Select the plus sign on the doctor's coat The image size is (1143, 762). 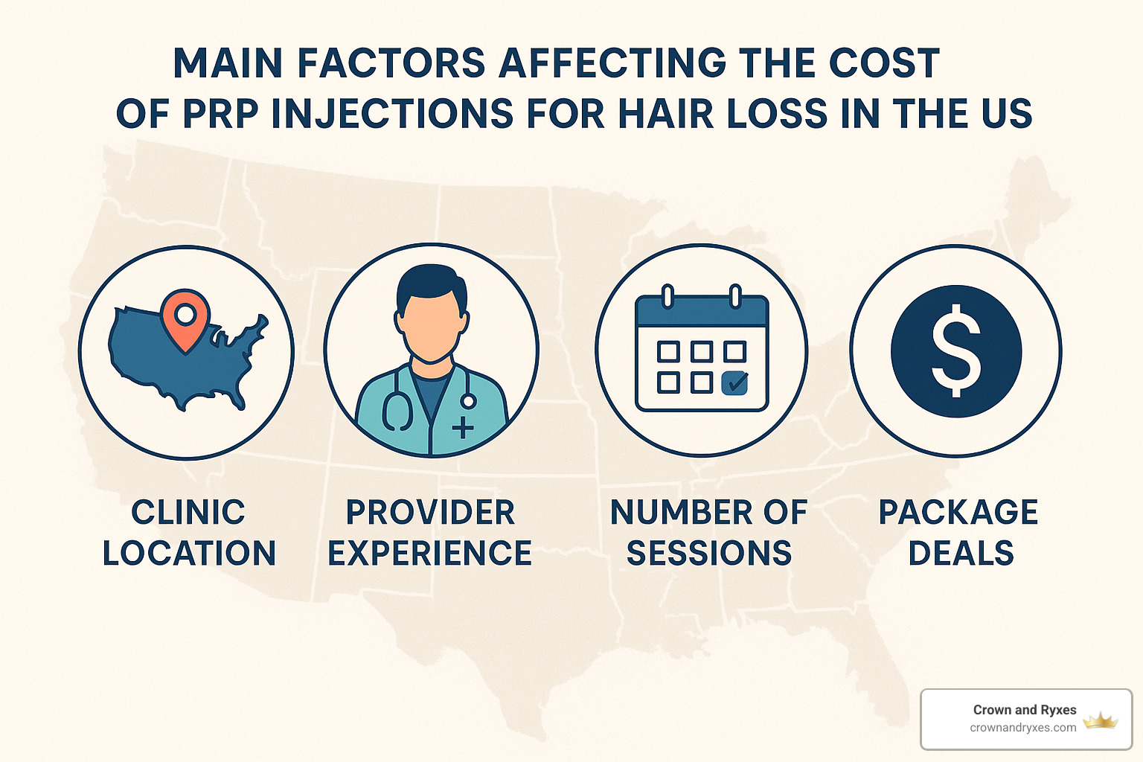pyautogui.click(x=463, y=426)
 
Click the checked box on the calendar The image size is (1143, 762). pyautogui.click(x=735, y=382)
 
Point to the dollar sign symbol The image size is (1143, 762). pyautogui.click(x=956, y=350)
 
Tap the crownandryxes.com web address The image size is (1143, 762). pyautogui.click(x=1022, y=728)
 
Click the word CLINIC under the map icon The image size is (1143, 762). pyautogui.click(x=188, y=513)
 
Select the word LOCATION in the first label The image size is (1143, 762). pyautogui.click(x=189, y=554)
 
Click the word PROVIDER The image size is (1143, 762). pyautogui.click(x=430, y=513)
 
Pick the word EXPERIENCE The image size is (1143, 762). pyautogui.click(x=430, y=554)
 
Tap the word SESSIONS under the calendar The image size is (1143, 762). pyautogui.click(x=708, y=554)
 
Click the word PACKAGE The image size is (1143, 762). pyautogui.click(x=958, y=513)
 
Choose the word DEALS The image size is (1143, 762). pyautogui.click(x=961, y=554)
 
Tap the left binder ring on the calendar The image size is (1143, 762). pyautogui.click(x=667, y=295)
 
